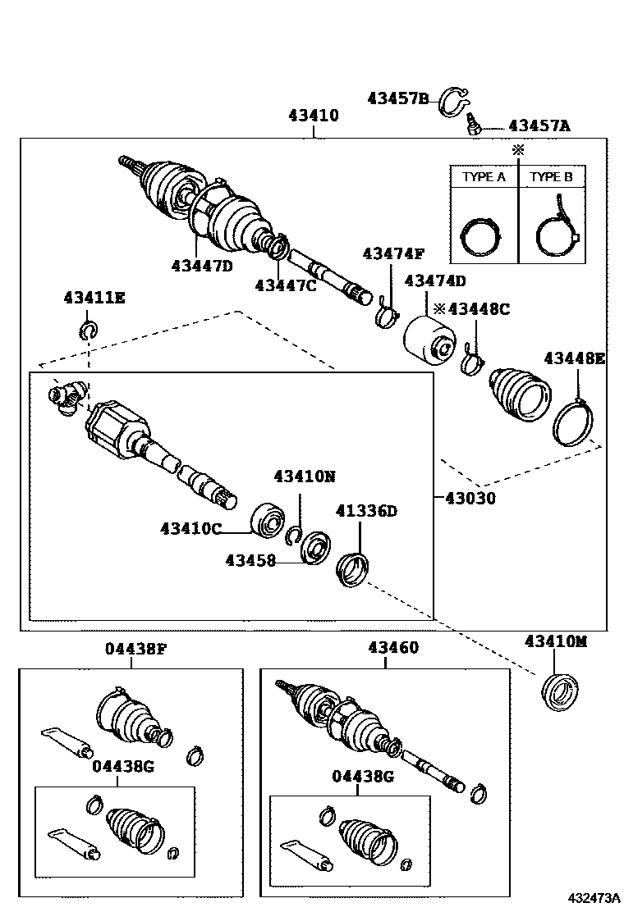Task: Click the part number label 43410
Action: (313, 116)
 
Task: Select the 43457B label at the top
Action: (398, 99)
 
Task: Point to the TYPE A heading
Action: (484, 176)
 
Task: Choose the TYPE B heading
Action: (552, 176)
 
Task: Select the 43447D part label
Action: (202, 265)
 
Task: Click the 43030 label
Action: (470, 498)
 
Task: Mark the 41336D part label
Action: (366, 511)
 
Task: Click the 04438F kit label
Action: (135, 648)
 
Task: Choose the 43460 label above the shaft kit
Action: (392, 648)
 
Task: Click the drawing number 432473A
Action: (592, 898)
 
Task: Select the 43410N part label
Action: (305, 476)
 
